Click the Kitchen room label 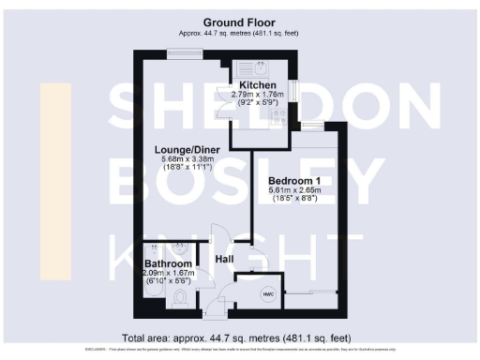(x=257, y=85)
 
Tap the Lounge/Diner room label (x=181, y=149)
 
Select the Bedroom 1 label (x=293, y=180)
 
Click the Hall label (x=225, y=258)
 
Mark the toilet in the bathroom (x=181, y=298)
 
